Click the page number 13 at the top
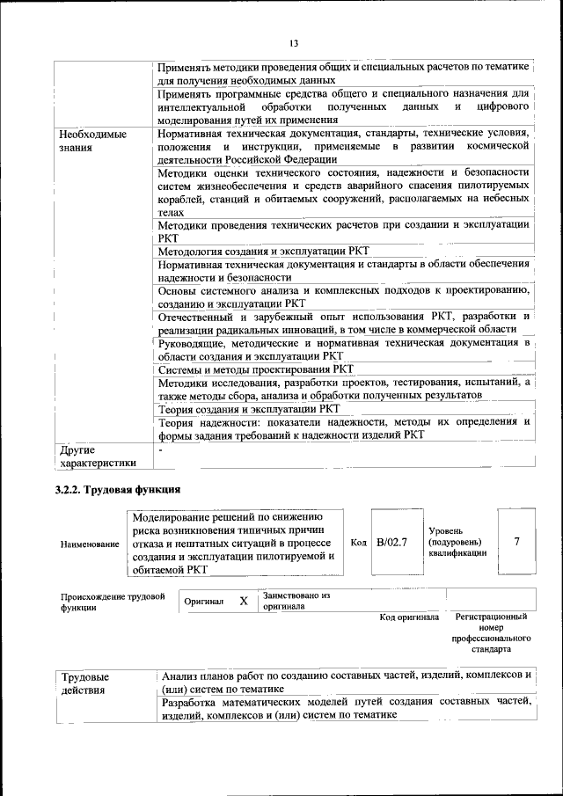coord(293,44)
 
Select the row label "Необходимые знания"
coord(92,142)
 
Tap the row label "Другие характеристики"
coord(98,457)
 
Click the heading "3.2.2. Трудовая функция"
coord(118,490)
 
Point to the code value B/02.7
coord(391,542)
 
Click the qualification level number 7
coord(516,542)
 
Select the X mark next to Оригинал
coord(244,602)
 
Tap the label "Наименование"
coord(90,544)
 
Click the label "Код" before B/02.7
coord(358,543)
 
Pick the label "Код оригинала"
coord(409,617)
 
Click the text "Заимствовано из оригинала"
coord(296,601)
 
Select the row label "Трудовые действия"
coord(85,684)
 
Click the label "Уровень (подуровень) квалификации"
coord(457,542)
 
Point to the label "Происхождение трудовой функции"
coord(112,602)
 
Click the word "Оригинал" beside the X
coord(204,602)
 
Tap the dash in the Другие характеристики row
coord(161,450)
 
